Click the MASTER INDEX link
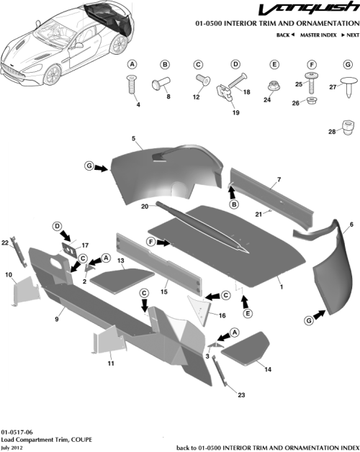pos(318,35)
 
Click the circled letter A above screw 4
pos(132,64)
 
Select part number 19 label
pos(235,112)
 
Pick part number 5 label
pos(133,137)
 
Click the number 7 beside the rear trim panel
pos(279,178)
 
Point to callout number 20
pos(145,206)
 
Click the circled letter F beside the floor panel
pos(152,243)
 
